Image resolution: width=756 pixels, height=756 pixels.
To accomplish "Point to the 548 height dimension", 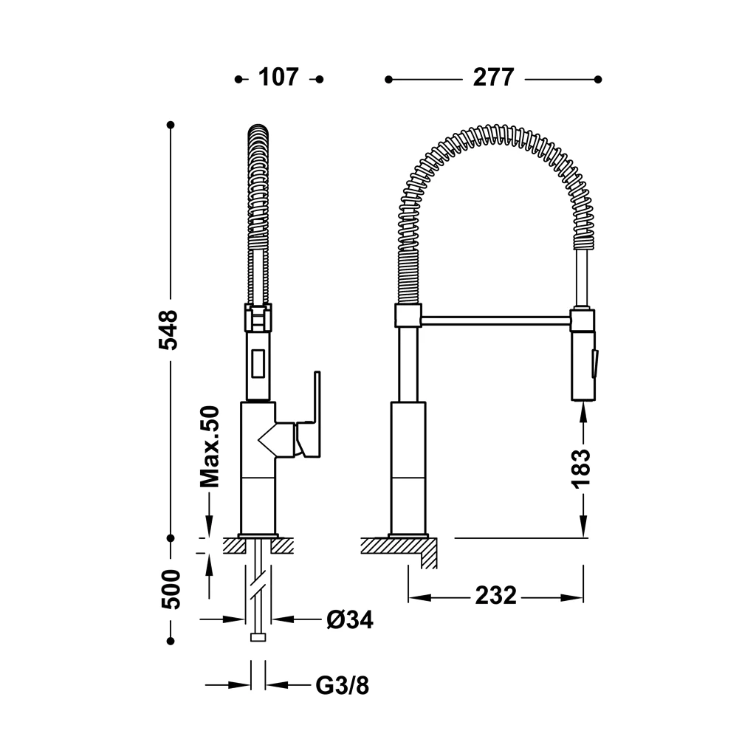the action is [x=169, y=330].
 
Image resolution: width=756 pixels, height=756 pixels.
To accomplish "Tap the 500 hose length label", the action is [x=171, y=589].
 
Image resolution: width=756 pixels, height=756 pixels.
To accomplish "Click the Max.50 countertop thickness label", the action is [x=210, y=447].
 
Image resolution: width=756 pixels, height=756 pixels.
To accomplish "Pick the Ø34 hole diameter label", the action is [x=350, y=619].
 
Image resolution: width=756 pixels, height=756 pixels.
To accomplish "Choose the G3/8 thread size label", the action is [x=343, y=685].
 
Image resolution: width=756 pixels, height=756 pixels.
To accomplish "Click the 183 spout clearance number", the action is [x=582, y=468].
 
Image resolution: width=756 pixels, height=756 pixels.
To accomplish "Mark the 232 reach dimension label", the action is [x=495, y=596].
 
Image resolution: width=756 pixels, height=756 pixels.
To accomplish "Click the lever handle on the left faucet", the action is [x=309, y=422].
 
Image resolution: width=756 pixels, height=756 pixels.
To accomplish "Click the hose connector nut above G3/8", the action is [x=258, y=637].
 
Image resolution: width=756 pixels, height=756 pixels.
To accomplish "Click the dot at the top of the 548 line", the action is [x=171, y=125].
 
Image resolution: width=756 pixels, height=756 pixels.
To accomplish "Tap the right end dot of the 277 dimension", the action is [x=598, y=80].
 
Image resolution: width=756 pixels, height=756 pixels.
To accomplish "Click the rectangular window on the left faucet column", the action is [x=258, y=363].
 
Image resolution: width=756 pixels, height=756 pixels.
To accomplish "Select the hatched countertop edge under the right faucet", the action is [x=399, y=552].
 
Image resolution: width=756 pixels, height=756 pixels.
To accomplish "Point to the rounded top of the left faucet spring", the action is [x=258, y=130].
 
